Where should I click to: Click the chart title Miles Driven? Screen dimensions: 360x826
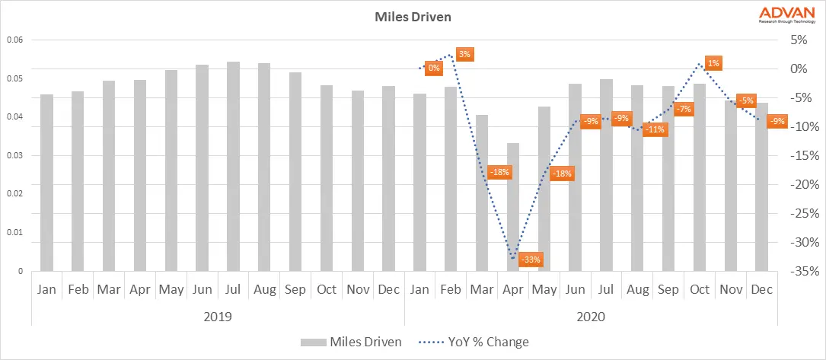(x=413, y=15)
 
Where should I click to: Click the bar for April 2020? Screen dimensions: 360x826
(x=513, y=207)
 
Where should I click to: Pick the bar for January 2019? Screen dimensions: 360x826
(x=46, y=183)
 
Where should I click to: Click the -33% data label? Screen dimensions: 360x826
(x=531, y=260)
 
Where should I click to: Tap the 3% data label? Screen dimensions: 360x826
(x=464, y=54)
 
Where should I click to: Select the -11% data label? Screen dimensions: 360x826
(x=654, y=129)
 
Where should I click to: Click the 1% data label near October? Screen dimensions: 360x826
(x=713, y=63)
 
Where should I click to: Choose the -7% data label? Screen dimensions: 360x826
(x=683, y=109)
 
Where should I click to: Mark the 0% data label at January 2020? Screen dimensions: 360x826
(x=433, y=68)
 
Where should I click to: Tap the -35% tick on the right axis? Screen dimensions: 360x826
(x=804, y=272)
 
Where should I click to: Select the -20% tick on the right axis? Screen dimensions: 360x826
(x=804, y=185)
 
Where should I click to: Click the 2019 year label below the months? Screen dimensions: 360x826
(x=218, y=315)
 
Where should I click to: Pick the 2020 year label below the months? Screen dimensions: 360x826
(x=591, y=315)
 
